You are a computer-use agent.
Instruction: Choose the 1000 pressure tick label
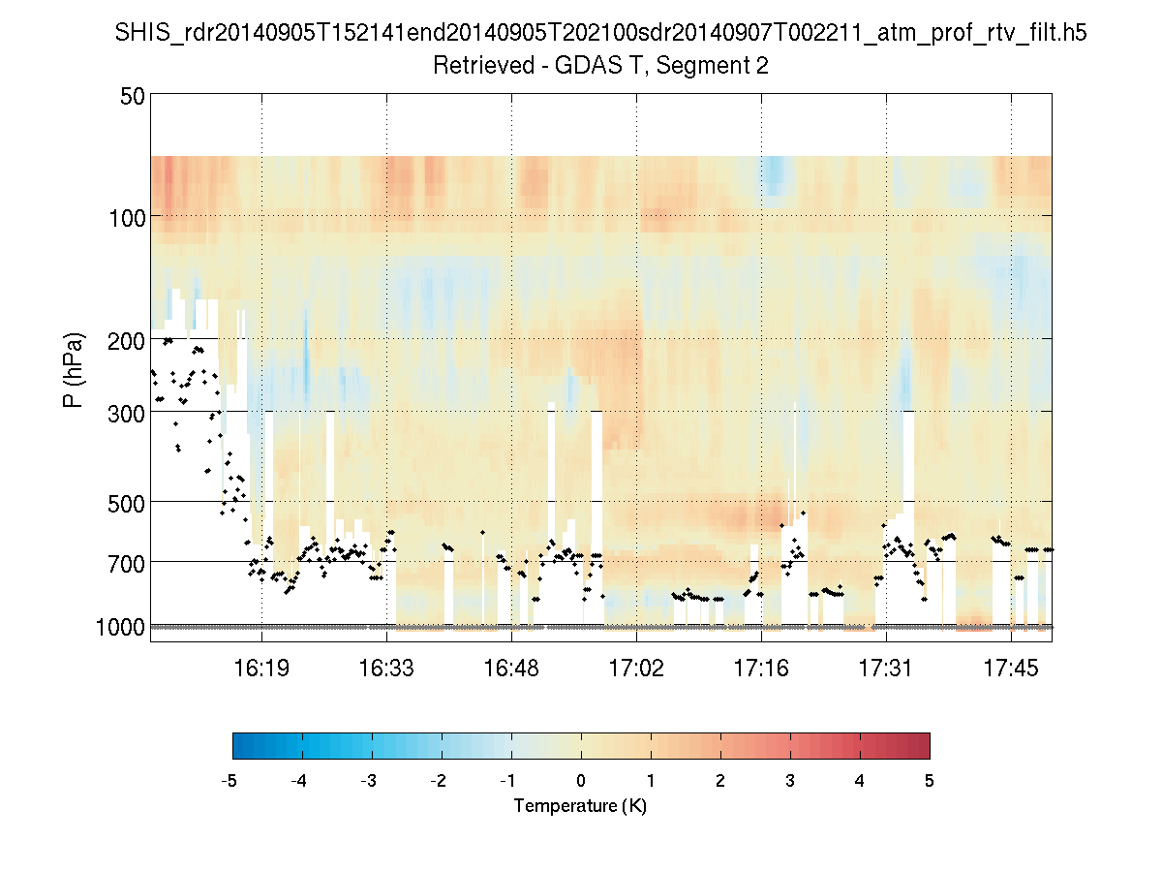(x=121, y=627)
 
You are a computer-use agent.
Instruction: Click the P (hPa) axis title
(x=74, y=369)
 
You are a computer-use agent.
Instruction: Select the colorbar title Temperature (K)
(x=580, y=806)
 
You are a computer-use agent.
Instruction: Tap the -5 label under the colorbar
(x=229, y=781)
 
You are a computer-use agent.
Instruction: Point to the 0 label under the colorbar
(x=581, y=781)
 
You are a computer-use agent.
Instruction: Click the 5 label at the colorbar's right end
(x=930, y=781)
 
